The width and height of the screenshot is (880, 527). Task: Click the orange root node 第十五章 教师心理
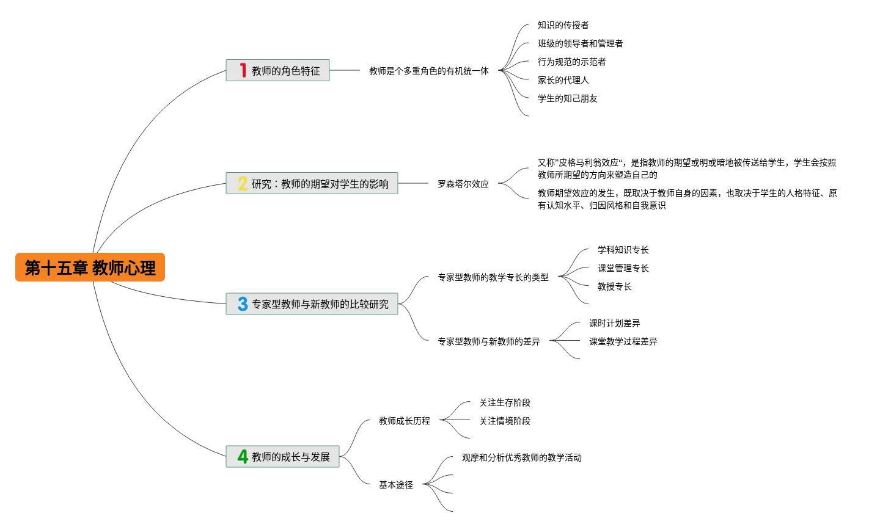click(x=90, y=267)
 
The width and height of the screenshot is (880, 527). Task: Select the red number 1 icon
click(x=243, y=71)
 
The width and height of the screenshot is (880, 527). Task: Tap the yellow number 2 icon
click(x=243, y=184)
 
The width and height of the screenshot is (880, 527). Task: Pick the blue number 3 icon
click(x=243, y=304)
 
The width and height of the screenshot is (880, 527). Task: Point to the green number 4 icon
click(x=243, y=457)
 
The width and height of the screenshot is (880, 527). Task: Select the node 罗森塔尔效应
click(x=463, y=184)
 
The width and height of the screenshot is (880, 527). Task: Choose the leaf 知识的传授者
click(x=563, y=25)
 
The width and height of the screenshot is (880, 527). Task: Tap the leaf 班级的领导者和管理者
click(x=580, y=43)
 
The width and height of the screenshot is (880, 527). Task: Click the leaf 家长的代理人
click(x=563, y=80)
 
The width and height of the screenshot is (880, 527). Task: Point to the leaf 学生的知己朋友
click(x=567, y=98)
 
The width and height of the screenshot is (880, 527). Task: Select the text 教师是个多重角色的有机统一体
click(x=428, y=71)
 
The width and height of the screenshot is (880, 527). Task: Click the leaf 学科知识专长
click(x=623, y=250)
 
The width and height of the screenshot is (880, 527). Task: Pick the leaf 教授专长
click(x=614, y=286)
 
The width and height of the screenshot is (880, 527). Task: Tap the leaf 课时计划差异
click(x=614, y=323)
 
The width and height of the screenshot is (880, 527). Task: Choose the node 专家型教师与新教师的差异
click(x=488, y=341)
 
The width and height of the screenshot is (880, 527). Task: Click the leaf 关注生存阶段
click(x=505, y=402)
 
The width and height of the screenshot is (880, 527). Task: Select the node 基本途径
click(x=395, y=485)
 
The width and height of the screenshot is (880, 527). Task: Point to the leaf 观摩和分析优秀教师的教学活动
click(x=521, y=457)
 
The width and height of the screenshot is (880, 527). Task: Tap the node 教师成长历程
click(x=404, y=421)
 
